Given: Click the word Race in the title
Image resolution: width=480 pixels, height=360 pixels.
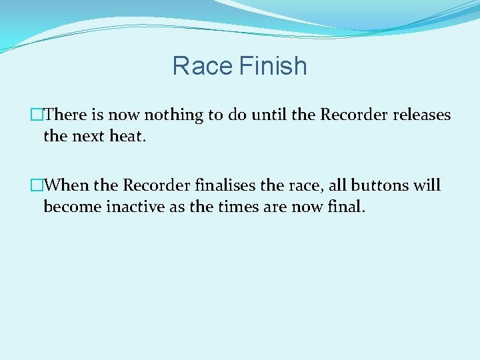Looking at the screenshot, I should click(x=201, y=67).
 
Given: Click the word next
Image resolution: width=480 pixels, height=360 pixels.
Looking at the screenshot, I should click(x=87, y=136).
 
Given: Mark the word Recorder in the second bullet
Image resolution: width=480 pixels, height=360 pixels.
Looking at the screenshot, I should click(x=156, y=185).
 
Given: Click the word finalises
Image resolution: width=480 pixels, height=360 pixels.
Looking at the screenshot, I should click(x=225, y=185).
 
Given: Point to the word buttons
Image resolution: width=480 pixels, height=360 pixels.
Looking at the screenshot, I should click(x=377, y=185).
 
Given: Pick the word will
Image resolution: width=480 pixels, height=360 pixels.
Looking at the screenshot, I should click(x=427, y=185).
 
